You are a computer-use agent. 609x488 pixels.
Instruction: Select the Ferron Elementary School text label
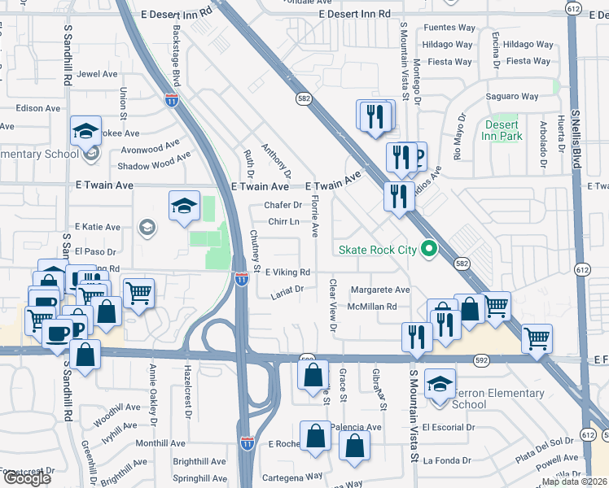pyautogui.click(x=497, y=399)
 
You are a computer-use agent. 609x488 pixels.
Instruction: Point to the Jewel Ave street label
pyautogui.click(x=98, y=74)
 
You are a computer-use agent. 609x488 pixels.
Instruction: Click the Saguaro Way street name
pyautogui.click(x=511, y=97)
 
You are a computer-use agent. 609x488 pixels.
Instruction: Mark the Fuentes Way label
pyautogui.click(x=449, y=28)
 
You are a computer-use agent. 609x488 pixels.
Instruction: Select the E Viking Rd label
pyautogui.click(x=287, y=272)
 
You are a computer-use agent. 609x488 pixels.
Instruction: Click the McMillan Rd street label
pyautogui.click(x=371, y=307)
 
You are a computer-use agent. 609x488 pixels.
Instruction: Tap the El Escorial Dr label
pyautogui.click(x=448, y=427)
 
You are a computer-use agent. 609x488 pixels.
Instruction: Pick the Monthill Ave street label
pyautogui.click(x=160, y=443)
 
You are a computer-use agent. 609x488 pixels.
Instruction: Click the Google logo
pyautogui.click(x=27, y=478)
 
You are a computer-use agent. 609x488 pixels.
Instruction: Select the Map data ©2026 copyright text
pyautogui.click(x=574, y=481)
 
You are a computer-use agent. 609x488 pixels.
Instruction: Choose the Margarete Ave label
pyautogui.click(x=380, y=290)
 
